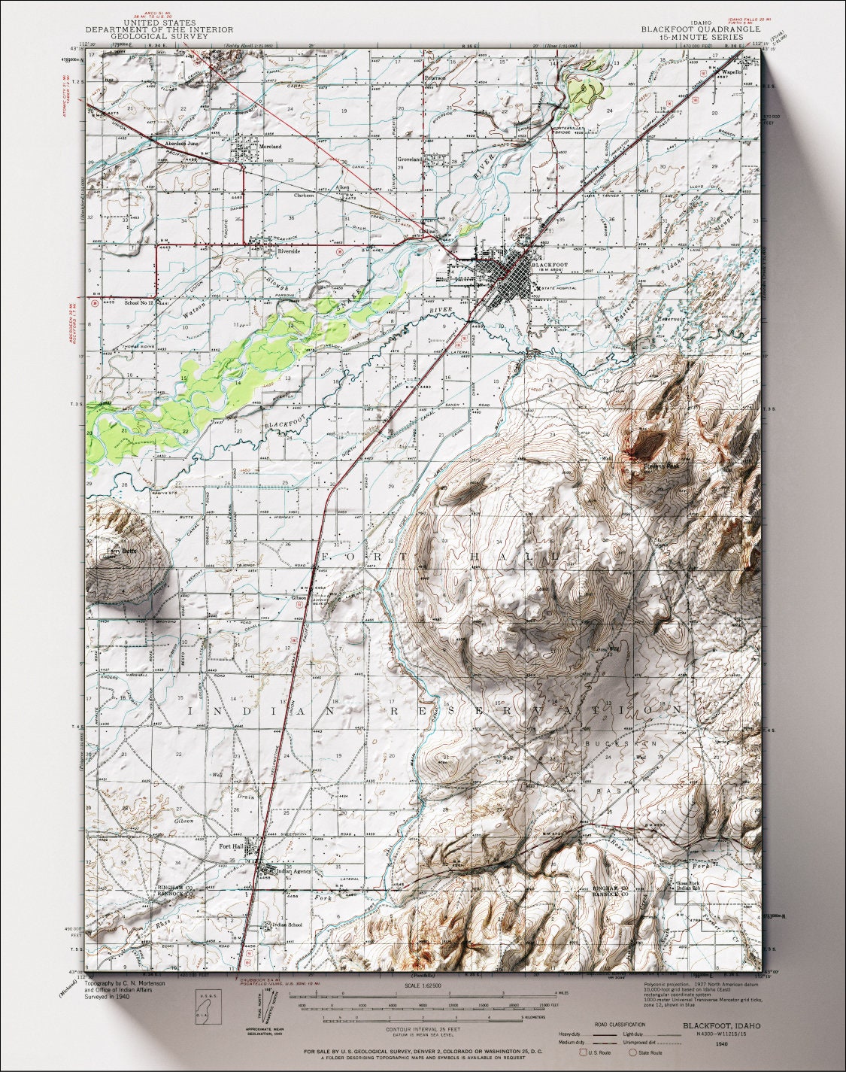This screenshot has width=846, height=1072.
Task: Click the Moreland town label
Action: (x=270, y=147)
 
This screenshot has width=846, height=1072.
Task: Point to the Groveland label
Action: (x=411, y=159)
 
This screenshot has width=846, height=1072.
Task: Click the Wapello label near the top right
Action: (x=732, y=72)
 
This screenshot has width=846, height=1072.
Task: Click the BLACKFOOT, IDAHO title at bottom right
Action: (x=721, y=1025)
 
